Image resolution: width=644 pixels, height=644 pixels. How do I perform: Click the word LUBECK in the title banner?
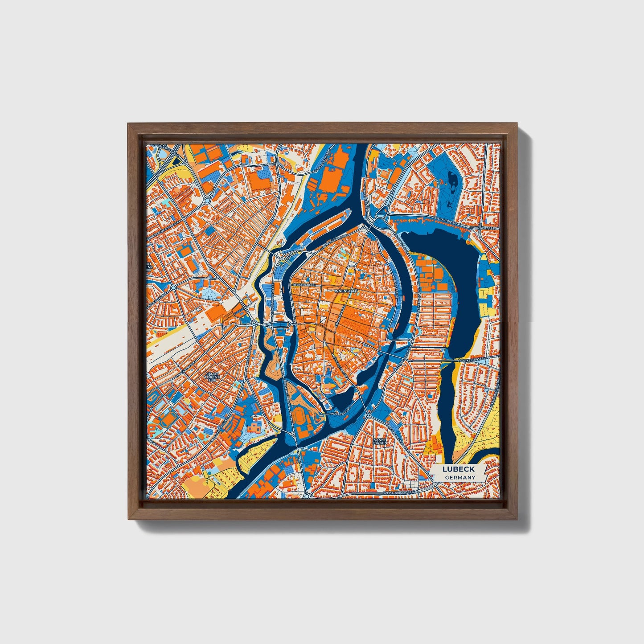click(458, 469)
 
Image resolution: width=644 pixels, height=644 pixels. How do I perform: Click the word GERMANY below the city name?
click(459, 477)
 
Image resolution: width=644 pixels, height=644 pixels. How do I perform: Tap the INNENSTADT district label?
click(346, 291)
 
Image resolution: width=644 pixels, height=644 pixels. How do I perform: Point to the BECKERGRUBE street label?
click(304, 283)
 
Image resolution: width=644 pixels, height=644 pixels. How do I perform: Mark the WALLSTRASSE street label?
click(340, 413)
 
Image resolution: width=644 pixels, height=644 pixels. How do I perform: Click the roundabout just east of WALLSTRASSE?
click(368, 414)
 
